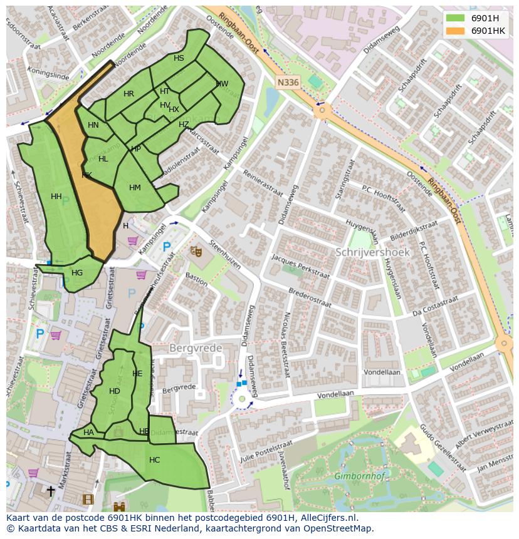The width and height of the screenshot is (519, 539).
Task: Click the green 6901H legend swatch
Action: point(456,18)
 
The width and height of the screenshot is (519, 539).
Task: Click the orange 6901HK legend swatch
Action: point(456,31)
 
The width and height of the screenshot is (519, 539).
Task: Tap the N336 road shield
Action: point(288,82)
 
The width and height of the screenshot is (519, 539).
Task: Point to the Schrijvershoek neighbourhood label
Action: point(372,252)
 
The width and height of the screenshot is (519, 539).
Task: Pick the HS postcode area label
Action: point(179,58)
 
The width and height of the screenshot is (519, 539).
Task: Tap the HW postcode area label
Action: point(222,84)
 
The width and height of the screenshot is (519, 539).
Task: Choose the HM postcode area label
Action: point(135,188)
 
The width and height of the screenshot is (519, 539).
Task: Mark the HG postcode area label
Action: point(77,273)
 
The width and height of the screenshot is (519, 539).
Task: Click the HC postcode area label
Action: point(154,460)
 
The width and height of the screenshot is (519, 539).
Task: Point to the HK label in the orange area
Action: point(86,175)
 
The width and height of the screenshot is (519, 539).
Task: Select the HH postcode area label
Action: point(56,197)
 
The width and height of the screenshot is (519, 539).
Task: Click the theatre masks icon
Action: point(196,251)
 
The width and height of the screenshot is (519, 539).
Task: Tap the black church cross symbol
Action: point(50,491)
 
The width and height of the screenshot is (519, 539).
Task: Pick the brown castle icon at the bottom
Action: point(119,506)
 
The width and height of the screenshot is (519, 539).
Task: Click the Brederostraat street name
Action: point(310,297)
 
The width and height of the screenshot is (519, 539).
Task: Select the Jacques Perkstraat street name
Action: point(300,267)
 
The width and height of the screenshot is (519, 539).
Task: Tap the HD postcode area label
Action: point(114,391)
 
